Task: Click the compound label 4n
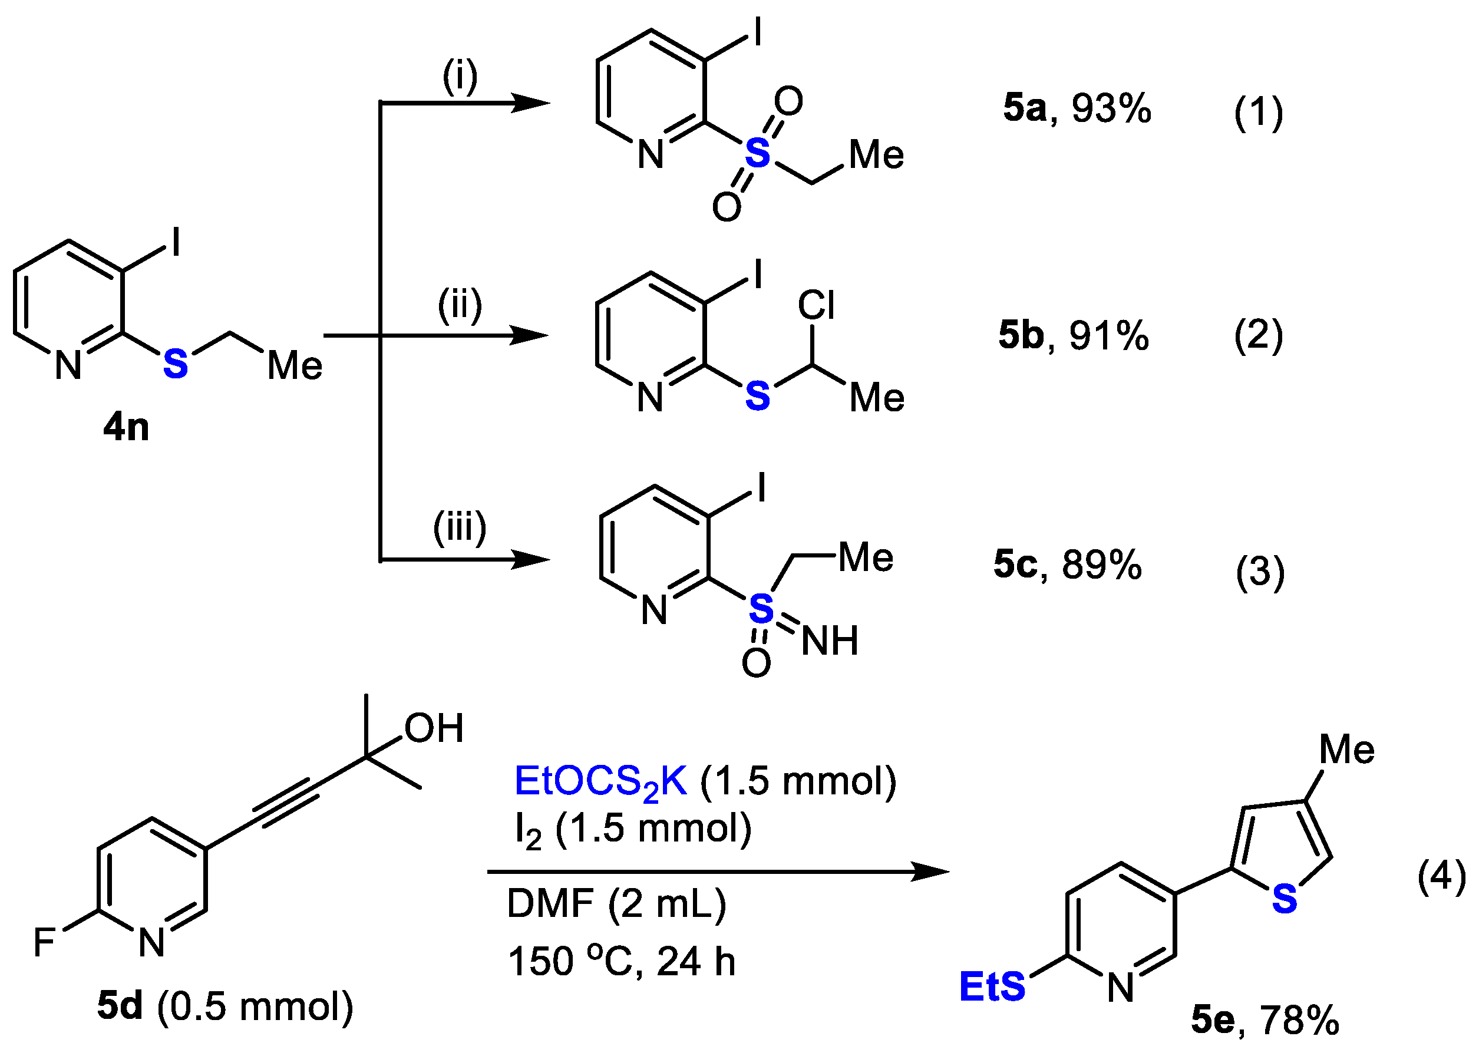click(x=126, y=427)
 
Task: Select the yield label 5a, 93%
click(x=1077, y=108)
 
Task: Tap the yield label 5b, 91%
click(x=1074, y=335)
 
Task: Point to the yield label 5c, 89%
click(x=1068, y=564)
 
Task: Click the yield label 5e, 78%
click(x=1265, y=1019)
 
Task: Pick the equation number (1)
click(x=1259, y=112)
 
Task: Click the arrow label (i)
click(x=460, y=76)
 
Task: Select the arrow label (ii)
click(x=460, y=305)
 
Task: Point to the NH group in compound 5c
click(x=830, y=641)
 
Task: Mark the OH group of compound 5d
click(x=434, y=728)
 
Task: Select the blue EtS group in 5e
click(x=992, y=986)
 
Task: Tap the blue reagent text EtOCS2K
click(x=600, y=781)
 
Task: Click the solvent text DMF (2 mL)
click(x=616, y=904)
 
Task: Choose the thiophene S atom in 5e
click(x=1285, y=899)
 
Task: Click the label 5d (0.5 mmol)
click(x=225, y=1006)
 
